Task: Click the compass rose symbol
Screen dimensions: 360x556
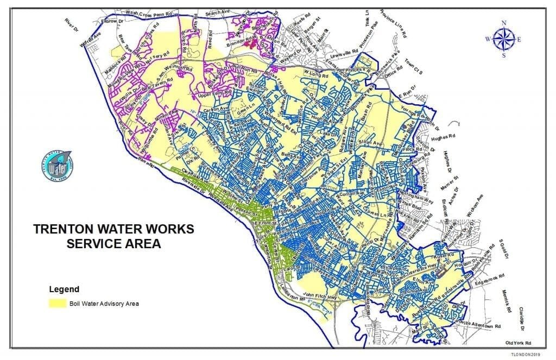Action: (x=503, y=39)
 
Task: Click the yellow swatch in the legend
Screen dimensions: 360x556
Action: (x=56, y=304)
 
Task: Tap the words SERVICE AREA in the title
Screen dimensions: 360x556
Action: (x=113, y=244)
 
